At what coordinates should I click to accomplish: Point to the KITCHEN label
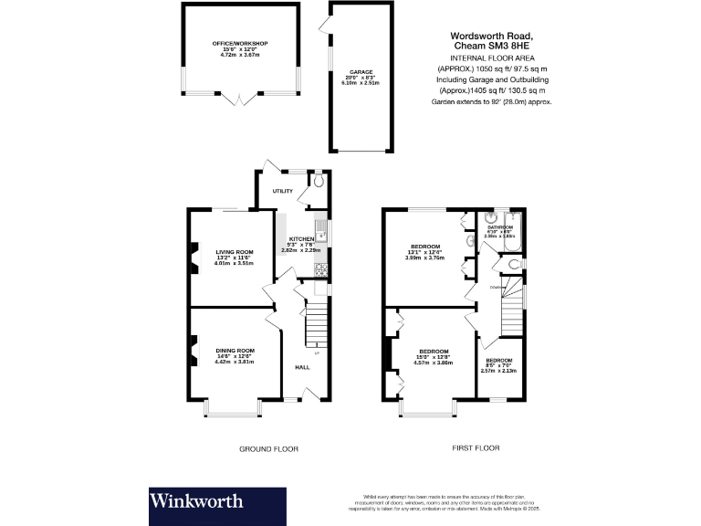pos(302,238)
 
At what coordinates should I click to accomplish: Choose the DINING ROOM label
pos(234,351)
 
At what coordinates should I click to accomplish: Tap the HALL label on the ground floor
pos(302,367)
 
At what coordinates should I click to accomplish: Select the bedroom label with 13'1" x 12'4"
pos(424,246)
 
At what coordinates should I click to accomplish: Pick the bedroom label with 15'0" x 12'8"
pos(434,352)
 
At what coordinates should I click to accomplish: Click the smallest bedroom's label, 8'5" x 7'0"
pos(499,361)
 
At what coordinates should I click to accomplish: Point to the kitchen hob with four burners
pos(320,268)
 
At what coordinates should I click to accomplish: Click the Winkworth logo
pos(196,500)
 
